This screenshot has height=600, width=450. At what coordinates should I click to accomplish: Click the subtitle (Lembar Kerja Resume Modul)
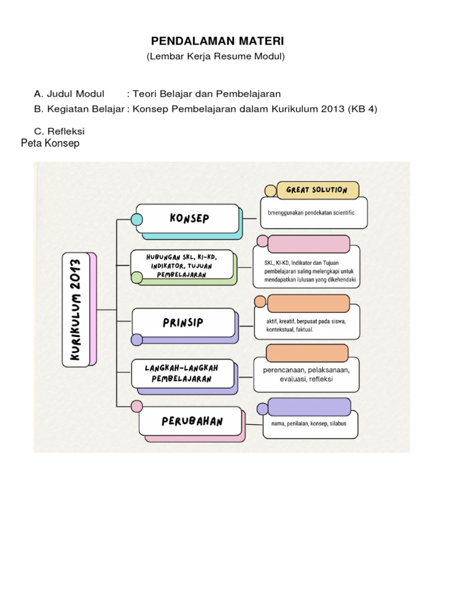[216, 57]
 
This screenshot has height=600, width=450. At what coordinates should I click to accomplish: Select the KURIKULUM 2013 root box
[76, 310]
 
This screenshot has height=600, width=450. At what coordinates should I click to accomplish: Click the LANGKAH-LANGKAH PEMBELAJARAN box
[183, 373]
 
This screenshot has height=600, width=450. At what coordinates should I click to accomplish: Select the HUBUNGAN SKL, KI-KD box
[182, 264]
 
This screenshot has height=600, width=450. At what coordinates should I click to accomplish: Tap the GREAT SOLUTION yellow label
[317, 190]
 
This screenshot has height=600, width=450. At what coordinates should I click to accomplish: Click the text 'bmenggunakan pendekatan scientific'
[311, 212]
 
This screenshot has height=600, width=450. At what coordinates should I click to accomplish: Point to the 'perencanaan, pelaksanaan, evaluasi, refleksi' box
[306, 375]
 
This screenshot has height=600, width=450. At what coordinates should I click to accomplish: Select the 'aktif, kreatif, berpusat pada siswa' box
[306, 325]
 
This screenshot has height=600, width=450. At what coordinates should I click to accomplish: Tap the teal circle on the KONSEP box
[137, 220]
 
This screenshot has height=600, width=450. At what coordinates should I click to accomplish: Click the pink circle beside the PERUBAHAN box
[137, 406]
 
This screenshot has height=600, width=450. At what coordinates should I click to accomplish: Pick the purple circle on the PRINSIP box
[137, 339]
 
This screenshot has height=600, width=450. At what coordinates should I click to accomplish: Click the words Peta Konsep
[50, 144]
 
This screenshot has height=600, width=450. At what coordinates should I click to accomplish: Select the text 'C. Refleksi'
[60, 131]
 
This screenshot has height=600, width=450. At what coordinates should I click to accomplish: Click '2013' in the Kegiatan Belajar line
[332, 110]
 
